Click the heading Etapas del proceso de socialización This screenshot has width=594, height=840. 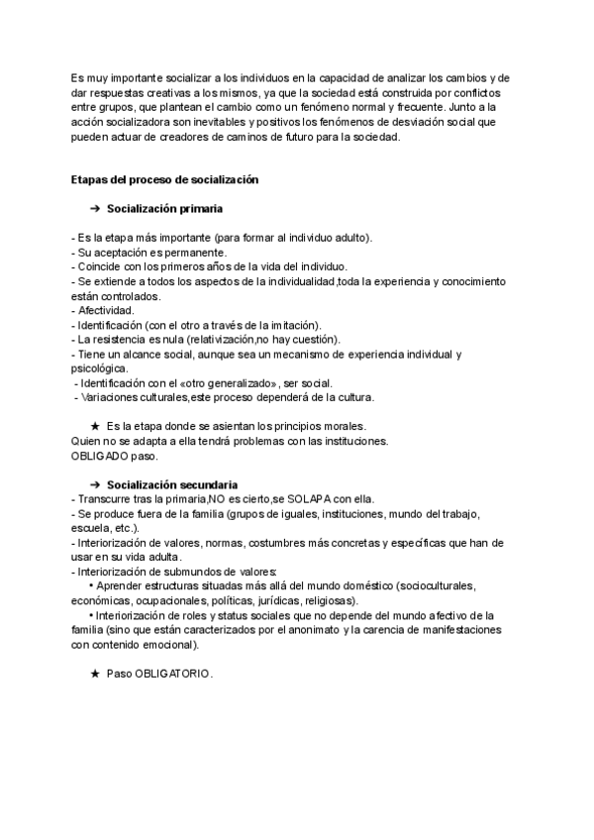tap(164, 179)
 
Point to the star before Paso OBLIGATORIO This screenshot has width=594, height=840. tap(95, 674)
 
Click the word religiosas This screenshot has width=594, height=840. tap(327, 600)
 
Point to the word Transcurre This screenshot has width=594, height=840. tap(108, 498)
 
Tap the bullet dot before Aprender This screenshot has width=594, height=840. tap(91, 586)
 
